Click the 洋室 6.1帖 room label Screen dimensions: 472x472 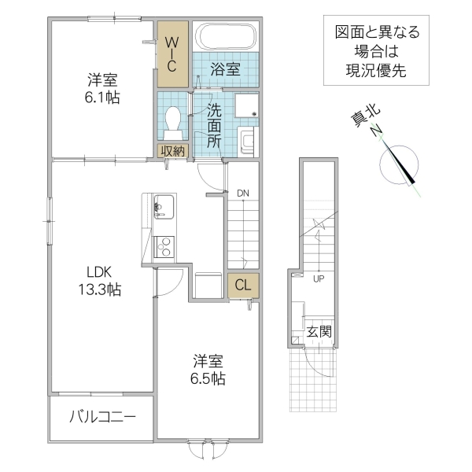click(103, 88)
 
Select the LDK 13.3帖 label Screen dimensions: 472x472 click(103, 282)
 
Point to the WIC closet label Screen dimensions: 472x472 click(172, 53)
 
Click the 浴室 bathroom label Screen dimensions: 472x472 click(226, 68)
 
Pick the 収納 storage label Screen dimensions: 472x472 click(173, 150)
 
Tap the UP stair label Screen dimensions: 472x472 click(318, 278)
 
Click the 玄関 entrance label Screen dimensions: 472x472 click(319, 331)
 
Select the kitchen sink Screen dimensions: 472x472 click(163, 206)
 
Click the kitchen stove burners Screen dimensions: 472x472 click(164, 246)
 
